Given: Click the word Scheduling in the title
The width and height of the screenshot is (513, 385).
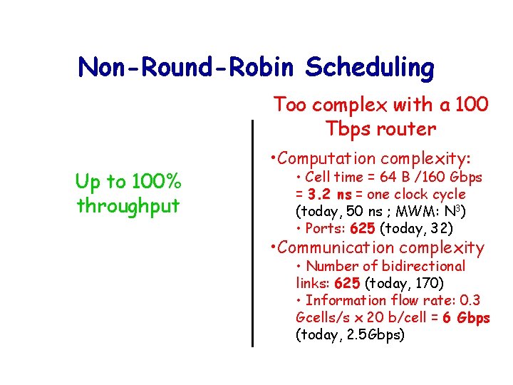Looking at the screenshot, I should [x=370, y=68].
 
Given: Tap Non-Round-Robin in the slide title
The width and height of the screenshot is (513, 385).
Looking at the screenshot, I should [x=188, y=68].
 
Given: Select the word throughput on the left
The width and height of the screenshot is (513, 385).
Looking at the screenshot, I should [x=128, y=206].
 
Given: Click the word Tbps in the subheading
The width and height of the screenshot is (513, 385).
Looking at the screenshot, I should [x=344, y=129].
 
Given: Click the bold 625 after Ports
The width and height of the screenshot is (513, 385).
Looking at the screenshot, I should [x=364, y=228].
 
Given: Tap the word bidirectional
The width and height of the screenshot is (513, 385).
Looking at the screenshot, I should [x=423, y=266].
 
